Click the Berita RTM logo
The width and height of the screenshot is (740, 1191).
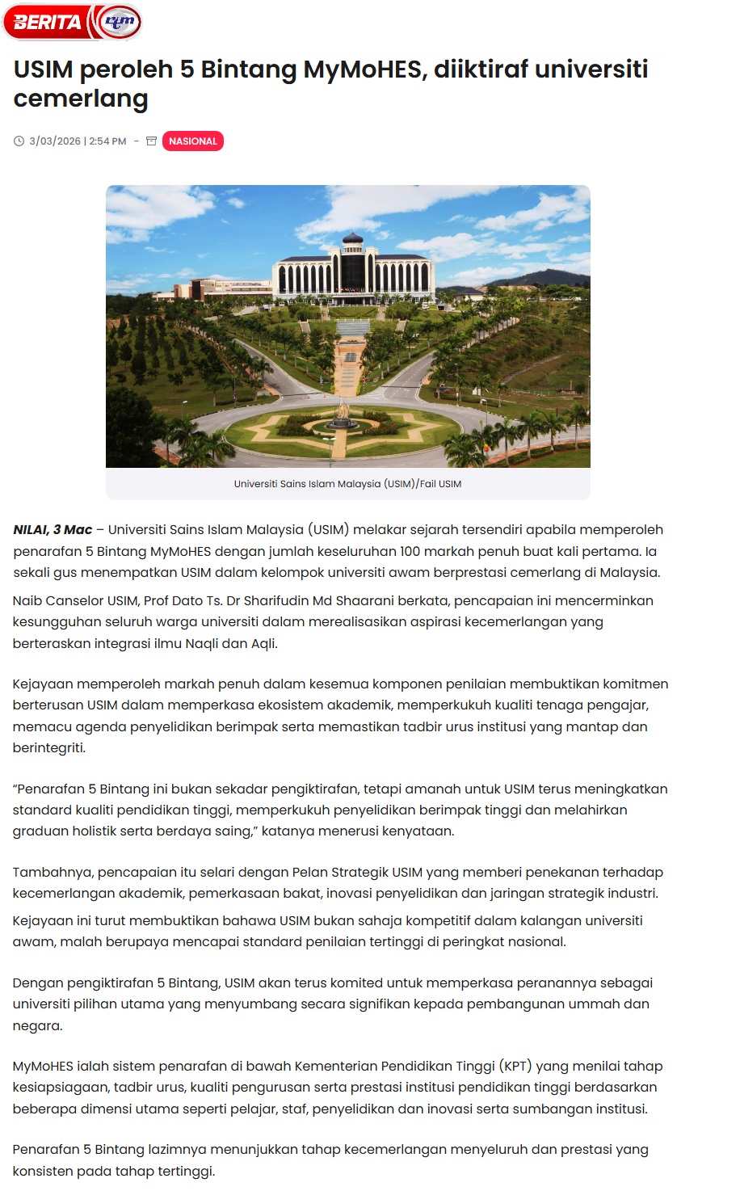tap(73, 22)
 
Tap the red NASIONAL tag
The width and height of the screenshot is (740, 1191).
tap(192, 141)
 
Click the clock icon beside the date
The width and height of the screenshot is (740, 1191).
tap(19, 141)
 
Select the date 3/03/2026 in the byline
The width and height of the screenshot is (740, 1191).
tap(55, 141)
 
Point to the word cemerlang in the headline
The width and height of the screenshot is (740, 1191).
tap(81, 99)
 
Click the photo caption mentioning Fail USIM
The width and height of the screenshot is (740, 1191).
tap(347, 484)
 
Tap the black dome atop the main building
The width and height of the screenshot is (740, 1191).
tap(353, 238)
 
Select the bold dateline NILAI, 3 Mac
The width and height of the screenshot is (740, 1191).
tap(53, 530)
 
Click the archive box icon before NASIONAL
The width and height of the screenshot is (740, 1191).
tap(151, 141)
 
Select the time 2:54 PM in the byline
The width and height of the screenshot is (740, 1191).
tap(107, 141)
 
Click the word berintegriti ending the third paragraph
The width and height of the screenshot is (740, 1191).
tap(48, 748)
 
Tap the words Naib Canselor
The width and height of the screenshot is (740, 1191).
tap(53, 601)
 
